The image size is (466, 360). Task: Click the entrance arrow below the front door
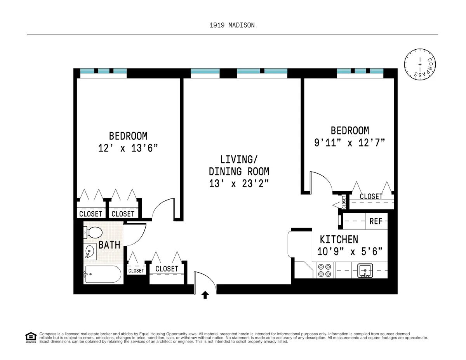pyautogui.click(x=205, y=296)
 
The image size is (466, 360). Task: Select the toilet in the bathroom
pyautogui.click(x=93, y=233)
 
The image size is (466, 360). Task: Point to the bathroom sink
pyautogui.click(x=90, y=252)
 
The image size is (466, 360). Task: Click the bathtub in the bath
pyautogui.click(x=103, y=274)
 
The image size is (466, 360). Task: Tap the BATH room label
pyautogui.click(x=109, y=245)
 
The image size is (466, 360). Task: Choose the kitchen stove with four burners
pyautogui.click(x=324, y=270)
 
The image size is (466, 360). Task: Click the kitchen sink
pyautogui.click(x=365, y=270)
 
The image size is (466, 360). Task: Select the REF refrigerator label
pyautogui.click(x=376, y=221)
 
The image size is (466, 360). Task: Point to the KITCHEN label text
pyautogui.click(x=339, y=239)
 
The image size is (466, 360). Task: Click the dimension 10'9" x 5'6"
pyautogui.click(x=352, y=252)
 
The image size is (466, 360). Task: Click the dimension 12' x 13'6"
pyautogui.click(x=128, y=148)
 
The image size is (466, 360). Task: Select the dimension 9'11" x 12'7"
pyautogui.click(x=349, y=143)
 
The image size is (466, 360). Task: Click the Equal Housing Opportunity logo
pyautogui.click(x=31, y=337)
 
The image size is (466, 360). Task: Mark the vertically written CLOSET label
pyautogui.click(x=344, y=202)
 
